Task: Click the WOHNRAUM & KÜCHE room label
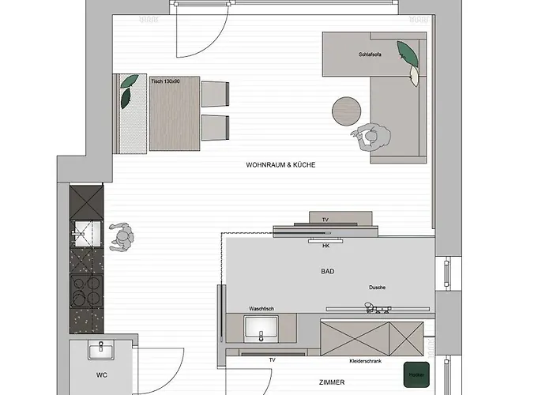pos(280,164)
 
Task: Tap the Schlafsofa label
pos(370,55)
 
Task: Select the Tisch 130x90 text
pos(165,81)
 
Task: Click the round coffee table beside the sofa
pos(346,111)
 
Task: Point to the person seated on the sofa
pos(371,137)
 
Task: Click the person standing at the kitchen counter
pos(122,237)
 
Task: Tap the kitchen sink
pos(85,234)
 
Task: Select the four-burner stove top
pos(86,291)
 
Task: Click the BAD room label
pos(328,271)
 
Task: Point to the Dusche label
pos(377,288)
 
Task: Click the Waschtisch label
pos(261,309)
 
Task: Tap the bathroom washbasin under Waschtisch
pos(261,329)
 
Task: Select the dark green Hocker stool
pos(416,374)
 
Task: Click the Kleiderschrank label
pos(365,361)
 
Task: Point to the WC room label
pos(102,375)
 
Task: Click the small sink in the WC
pos(101,351)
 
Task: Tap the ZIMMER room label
pos(332,382)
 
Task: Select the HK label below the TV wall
pos(325,246)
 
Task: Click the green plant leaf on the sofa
pos(408,54)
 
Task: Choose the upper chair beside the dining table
pos(215,94)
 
